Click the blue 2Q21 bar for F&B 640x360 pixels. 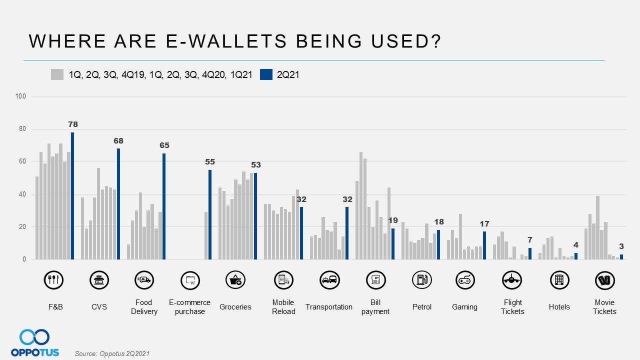coord(72,196)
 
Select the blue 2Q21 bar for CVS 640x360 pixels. coord(118,204)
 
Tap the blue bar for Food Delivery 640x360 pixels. coord(164,206)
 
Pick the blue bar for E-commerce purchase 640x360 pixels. coord(210,214)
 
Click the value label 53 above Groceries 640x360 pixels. coord(256,165)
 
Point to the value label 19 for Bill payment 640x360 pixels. coord(393,220)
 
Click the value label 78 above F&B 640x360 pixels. coord(72,124)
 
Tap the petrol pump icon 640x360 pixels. coord(421,280)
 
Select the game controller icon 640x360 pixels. coord(465,280)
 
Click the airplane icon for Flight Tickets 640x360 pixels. coord(512,280)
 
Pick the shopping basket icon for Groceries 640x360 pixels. coord(235,280)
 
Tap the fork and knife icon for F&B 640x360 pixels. coord(53,280)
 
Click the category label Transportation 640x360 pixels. coord(329,307)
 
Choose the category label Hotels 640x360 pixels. coord(559,307)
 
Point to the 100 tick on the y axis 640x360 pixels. coord(20,96)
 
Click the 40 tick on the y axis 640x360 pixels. coord(22,194)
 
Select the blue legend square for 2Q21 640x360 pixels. coord(266,74)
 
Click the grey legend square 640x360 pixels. coord(57,74)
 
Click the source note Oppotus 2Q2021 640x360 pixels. coord(112,353)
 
